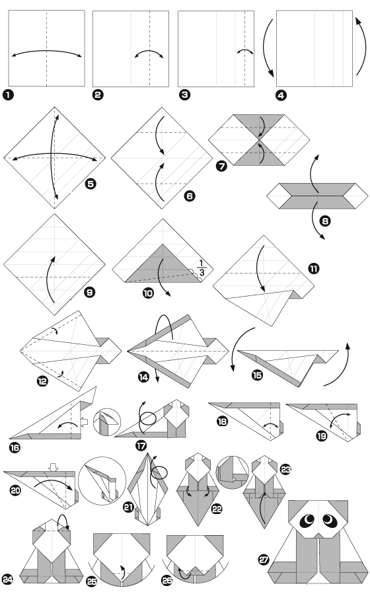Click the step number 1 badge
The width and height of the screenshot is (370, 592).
click(x=8, y=94)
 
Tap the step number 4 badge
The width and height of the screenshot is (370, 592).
click(x=281, y=95)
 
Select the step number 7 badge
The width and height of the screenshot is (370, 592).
click(x=221, y=166)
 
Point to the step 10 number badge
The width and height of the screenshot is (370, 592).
click(x=149, y=293)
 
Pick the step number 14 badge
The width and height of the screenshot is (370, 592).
click(x=143, y=377)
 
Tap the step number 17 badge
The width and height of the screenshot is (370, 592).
click(x=141, y=445)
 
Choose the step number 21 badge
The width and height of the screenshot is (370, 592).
click(x=129, y=507)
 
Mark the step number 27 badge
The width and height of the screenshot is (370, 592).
click(x=264, y=559)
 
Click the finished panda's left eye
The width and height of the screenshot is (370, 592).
click(x=307, y=521)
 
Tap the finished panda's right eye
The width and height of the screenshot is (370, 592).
click(x=329, y=521)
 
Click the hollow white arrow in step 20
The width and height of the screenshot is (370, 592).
click(x=54, y=466)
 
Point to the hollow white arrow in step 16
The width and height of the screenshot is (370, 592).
click(x=85, y=422)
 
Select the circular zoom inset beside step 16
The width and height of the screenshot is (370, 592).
click(x=107, y=422)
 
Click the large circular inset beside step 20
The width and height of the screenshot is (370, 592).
click(x=102, y=480)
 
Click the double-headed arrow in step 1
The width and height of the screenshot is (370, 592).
click(x=47, y=51)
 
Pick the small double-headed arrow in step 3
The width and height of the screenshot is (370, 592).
click(x=245, y=50)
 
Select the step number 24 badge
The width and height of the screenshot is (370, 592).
click(x=7, y=579)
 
